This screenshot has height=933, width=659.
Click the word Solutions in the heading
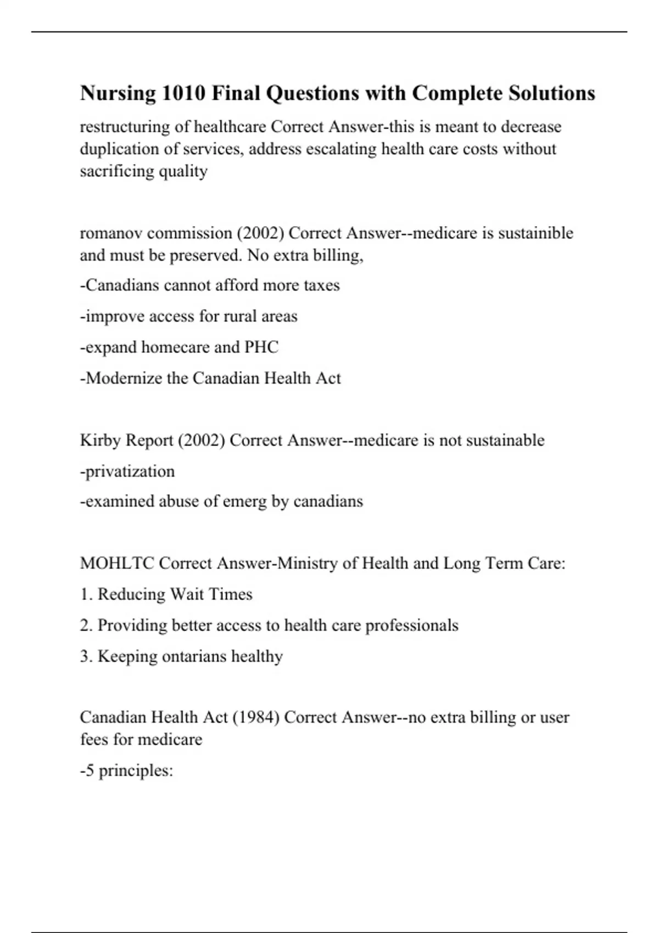tap(551, 93)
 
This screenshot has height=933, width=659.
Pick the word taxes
tap(322, 285)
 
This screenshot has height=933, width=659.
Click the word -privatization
tap(127, 471)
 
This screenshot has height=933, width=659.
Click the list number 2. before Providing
tap(86, 626)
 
